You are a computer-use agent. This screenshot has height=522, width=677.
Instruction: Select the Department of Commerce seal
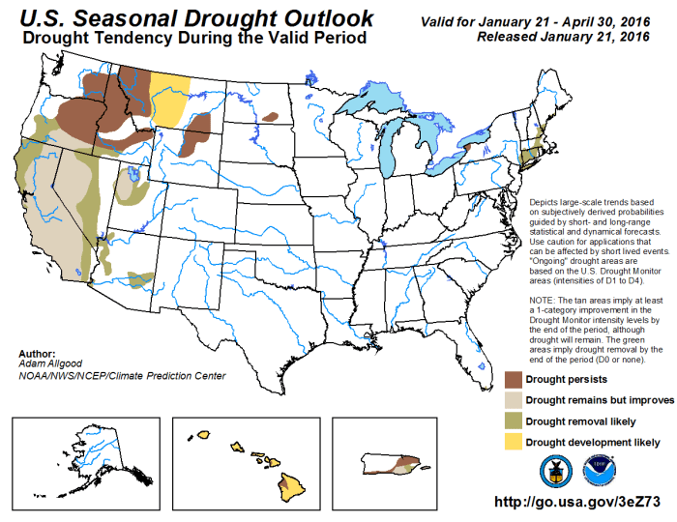point(555,470)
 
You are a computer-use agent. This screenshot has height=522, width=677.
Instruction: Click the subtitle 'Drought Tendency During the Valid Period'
point(193,39)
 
